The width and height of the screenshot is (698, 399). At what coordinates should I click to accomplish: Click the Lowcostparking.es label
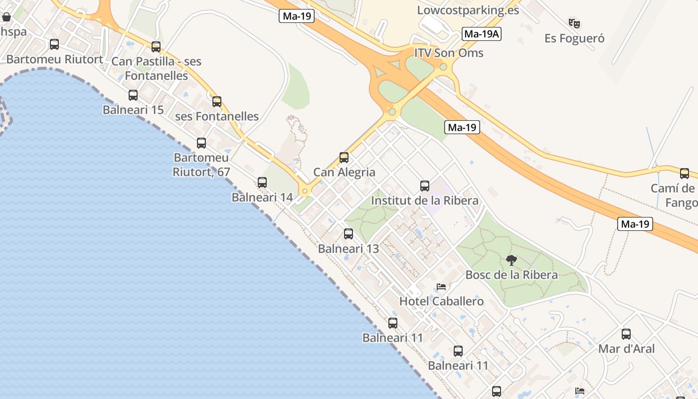[468, 10]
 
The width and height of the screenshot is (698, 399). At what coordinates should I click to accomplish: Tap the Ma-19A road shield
[481, 34]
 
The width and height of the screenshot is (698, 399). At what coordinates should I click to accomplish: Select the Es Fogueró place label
[574, 38]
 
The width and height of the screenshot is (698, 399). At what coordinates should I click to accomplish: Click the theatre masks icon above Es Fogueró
[574, 23]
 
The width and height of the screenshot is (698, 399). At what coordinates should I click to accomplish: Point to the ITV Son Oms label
[449, 53]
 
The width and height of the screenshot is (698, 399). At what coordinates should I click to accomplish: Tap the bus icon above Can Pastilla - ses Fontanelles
[156, 47]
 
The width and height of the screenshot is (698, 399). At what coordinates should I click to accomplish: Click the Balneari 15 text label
[133, 110]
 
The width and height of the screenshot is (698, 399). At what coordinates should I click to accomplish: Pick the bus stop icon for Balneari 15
[133, 95]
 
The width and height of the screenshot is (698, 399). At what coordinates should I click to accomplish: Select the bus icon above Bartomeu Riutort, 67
[201, 143]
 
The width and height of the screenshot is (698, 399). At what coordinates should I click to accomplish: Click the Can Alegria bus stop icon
[344, 158]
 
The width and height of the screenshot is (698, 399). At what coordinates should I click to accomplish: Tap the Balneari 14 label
[262, 197]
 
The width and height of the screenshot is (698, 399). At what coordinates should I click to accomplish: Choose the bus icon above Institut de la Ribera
[425, 186]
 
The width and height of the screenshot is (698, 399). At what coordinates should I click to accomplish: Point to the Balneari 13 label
[349, 248]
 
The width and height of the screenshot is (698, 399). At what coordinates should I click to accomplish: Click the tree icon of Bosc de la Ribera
[511, 260]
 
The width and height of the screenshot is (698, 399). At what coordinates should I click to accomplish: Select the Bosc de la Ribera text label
[512, 275]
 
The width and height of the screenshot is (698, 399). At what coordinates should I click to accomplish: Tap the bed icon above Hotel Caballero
[441, 287]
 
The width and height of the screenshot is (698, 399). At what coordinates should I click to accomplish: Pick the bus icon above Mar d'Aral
[626, 334]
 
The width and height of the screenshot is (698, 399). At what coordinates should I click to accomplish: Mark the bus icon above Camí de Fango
[685, 174]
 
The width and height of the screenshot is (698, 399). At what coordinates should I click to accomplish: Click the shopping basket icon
[6, 17]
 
